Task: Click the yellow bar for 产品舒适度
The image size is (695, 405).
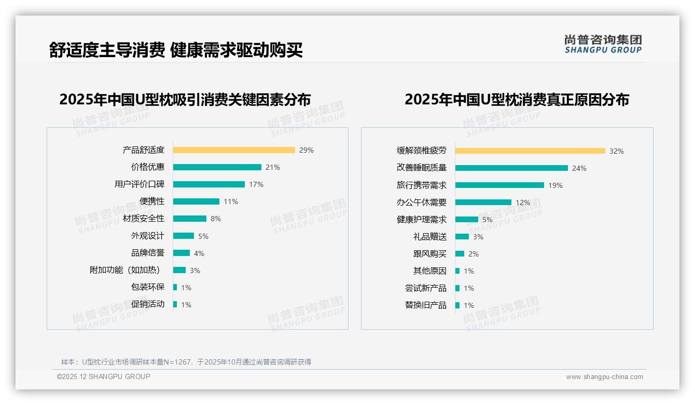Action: click(x=234, y=150)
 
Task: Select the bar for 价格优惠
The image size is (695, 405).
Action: click(x=217, y=167)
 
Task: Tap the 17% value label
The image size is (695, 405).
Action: click(x=256, y=184)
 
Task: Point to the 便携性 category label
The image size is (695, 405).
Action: click(x=152, y=201)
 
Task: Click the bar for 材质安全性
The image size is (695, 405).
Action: click(x=189, y=219)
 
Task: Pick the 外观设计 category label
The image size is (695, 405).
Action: click(x=148, y=236)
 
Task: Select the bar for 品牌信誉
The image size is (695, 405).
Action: click(x=182, y=253)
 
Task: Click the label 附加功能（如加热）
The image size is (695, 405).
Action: click(x=125, y=270)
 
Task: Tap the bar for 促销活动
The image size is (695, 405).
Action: click(x=175, y=304)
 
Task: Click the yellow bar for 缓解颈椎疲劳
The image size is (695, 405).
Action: click(x=530, y=151)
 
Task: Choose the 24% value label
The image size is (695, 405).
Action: click(x=579, y=168)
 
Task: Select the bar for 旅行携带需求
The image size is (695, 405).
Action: click(x=499, y=185)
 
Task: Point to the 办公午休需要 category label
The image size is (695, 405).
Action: click(x=422, y=203)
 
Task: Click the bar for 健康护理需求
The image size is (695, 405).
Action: click(x=467, y=220)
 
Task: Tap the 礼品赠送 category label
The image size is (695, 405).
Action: click(x=430, y=237)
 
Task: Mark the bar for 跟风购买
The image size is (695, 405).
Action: click(x=460, y=254)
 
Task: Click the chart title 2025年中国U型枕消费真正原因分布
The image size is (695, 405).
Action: click(x=517, y=100)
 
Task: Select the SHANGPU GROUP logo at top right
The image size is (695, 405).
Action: click(x=603, y=44)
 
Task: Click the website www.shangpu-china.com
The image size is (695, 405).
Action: click(x=604, y=377)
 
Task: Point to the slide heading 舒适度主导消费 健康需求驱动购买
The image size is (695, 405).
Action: click(x=176, y=50)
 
